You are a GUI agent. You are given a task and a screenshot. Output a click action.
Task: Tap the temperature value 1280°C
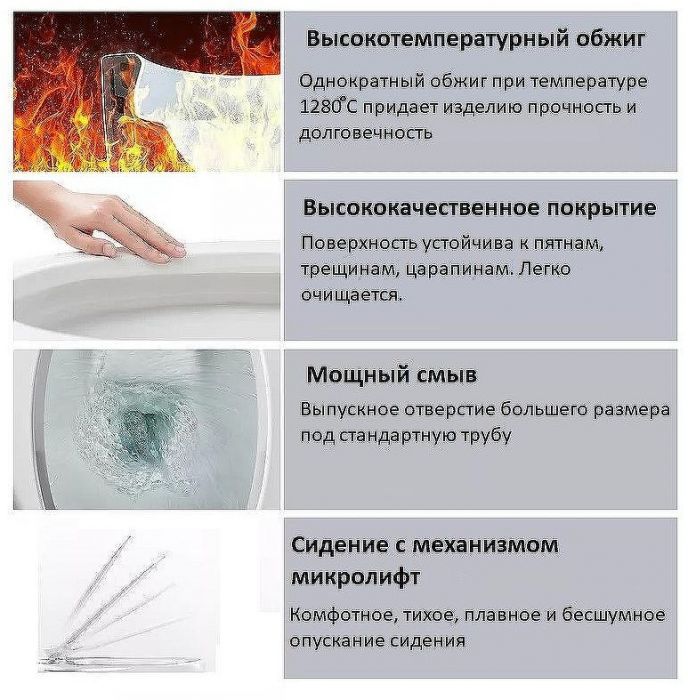pos(324,106)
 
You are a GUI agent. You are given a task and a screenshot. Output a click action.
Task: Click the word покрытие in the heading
pos(605,208)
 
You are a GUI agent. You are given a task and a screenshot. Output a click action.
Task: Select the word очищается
pos(350,296)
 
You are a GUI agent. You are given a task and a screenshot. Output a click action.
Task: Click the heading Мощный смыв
pos(391,375)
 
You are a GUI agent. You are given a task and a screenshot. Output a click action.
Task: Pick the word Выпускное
pos(347,409)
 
